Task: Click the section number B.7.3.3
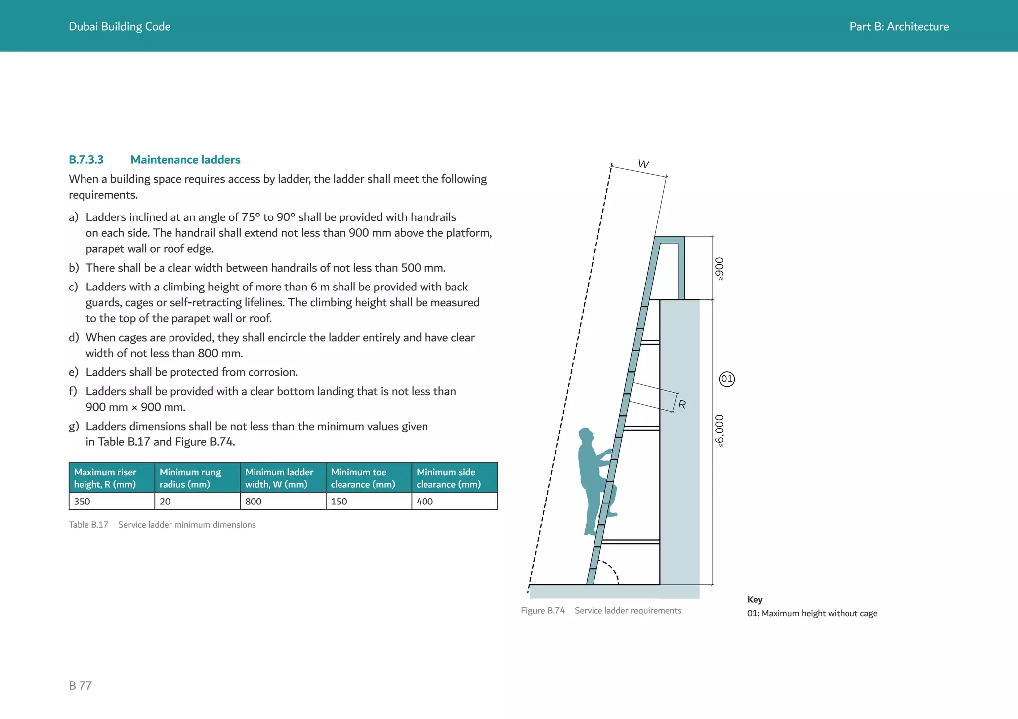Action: pyautogui.click(x=86, y=160)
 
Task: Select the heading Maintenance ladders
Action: pyautogui.click(x=185, y=160)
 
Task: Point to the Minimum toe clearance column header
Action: pyautogui.click(x=368, y=478)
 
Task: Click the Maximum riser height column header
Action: pyautogui.click(x=111, y=478)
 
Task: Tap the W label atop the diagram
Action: pyautogui.click(x=644, y=164)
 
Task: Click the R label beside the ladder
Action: pyautogui.click(x=682, y=405)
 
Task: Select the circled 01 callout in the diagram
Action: pyautogui.click(x=727, y=379)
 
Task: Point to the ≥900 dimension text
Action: pyautogui.click(x=719, y=269)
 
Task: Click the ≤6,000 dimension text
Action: pyautogui.click(x=719, y=431)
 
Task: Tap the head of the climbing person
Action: pyautogui.click(x=586, y=435)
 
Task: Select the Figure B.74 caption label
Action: pyautogui.click(x=543, y=611)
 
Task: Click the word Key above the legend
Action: pyautogui.click(x=755, y=600)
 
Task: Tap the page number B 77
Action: pyautogui.click(x=81, y=686)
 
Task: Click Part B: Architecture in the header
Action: pyautogui.click(x=899, y=27)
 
